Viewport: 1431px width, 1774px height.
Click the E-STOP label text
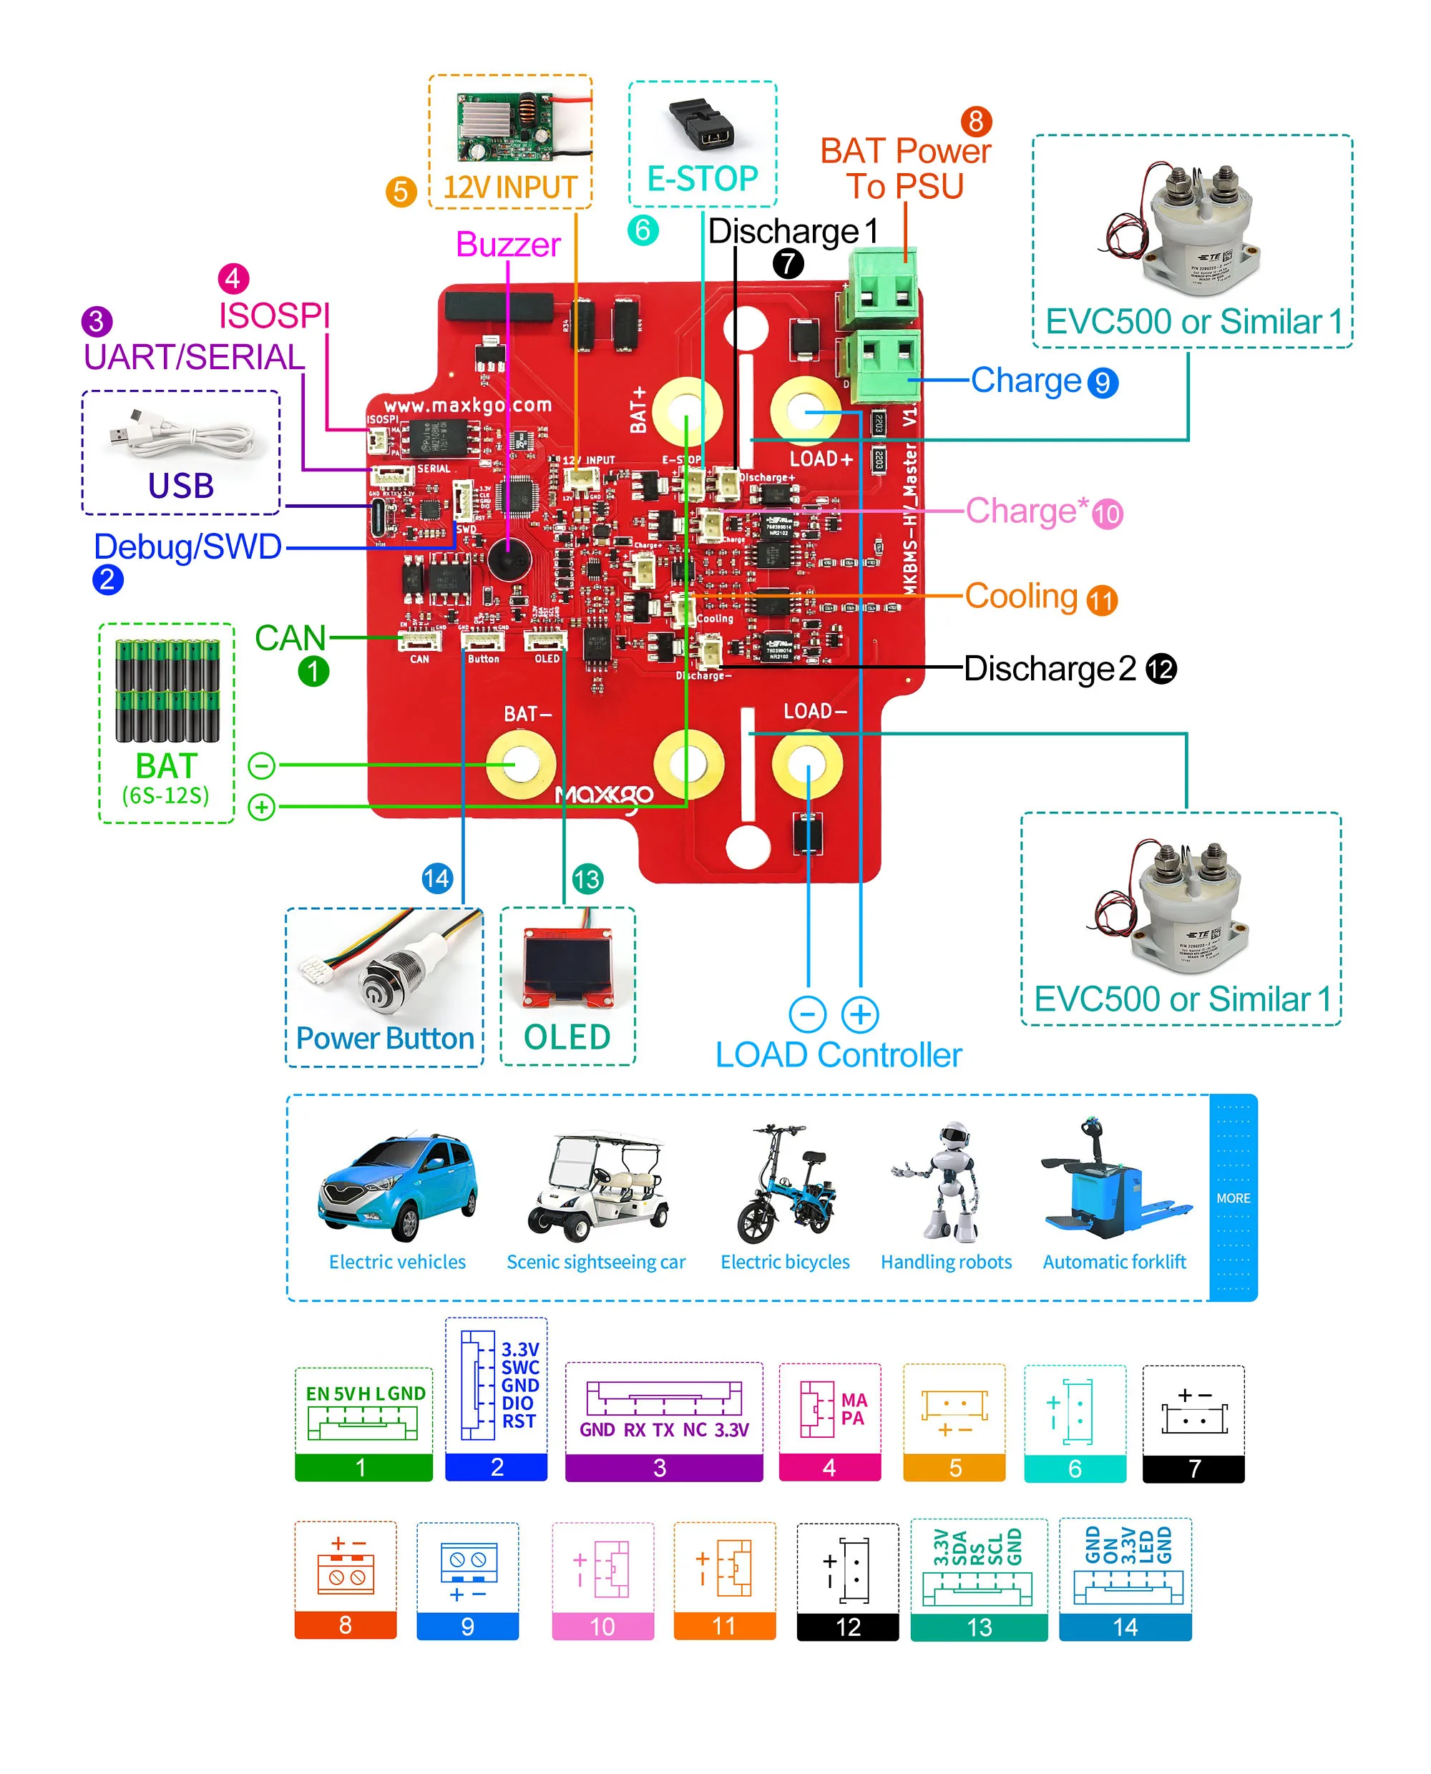(703, 179)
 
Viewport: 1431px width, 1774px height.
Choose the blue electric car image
(398, 1186)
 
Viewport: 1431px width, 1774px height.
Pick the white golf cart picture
(597, 1186)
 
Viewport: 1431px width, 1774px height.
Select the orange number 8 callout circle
(976, 121)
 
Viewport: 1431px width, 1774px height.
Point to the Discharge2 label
(1050, 668)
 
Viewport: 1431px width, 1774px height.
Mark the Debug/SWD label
(188, 547)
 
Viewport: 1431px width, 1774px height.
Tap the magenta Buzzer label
(508, 245)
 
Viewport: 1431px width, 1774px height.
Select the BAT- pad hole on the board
(520, 765)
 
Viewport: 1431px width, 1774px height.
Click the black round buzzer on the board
(509, 559)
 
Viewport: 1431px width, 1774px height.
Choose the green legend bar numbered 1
(363, 1468)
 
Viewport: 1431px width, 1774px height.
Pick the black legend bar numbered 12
(847, 1627)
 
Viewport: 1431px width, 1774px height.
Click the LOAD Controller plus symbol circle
(860, 1014)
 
